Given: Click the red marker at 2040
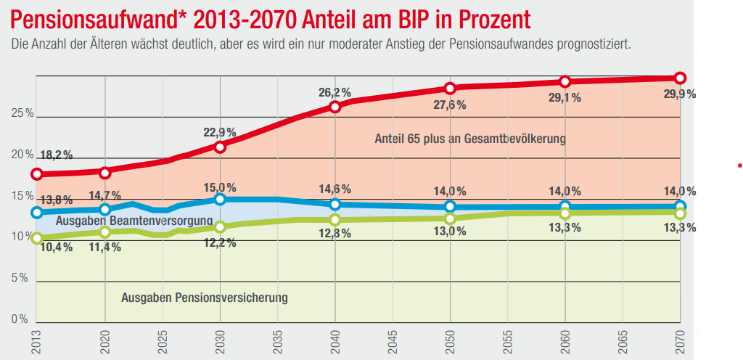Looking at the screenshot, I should point(335,107).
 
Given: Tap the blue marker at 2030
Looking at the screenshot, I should point(221,200).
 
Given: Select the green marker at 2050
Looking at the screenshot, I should point(450,218).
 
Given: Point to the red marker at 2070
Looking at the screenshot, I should point(680,78).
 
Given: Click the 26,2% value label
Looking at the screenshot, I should point(334,92).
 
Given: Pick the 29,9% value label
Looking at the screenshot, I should point(680,94).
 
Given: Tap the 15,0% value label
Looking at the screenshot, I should point(220,187).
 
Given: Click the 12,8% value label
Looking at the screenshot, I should point(334,234).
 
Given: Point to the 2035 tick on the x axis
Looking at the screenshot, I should point(278,342).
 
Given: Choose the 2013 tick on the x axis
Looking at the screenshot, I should point(36,342).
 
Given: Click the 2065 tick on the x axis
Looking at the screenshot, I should point(623,342).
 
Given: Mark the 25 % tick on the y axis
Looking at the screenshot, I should point(22,114).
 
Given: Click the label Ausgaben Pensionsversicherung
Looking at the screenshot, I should point(205,298).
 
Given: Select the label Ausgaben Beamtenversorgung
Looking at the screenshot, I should point(134,221).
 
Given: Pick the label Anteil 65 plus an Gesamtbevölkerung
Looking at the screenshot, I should point(469,138).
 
